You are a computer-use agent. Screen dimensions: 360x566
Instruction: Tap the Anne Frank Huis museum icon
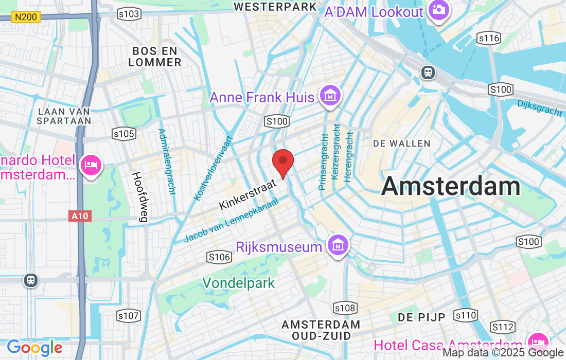[330, 96]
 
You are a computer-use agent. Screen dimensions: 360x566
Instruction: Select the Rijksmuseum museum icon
[338, 245]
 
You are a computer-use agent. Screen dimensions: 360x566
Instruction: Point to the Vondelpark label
[238, 283]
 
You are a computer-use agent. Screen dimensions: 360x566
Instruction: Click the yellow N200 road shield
[26, 17]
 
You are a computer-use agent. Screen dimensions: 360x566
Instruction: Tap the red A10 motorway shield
[80, 216]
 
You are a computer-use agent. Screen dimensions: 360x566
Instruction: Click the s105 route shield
[123, 134]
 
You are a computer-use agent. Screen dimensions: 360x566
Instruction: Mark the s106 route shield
[218, 257]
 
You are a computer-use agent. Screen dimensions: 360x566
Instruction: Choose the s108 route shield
[345, 308]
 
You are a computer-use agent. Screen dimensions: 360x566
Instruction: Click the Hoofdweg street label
[139, 196]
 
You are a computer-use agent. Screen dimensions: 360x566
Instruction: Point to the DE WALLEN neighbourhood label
[402, 143]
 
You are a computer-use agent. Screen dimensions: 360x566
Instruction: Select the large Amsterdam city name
[451, 186]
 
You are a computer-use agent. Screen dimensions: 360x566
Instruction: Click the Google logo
[34, 348]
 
